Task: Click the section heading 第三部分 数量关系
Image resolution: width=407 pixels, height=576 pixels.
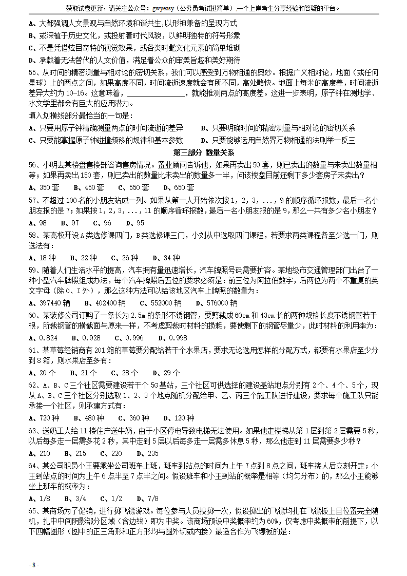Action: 203,152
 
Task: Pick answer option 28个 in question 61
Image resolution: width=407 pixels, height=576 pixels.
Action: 128,373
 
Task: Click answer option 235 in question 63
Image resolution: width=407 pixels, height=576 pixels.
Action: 153,453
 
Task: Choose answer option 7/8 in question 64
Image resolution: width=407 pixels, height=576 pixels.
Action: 152,498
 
